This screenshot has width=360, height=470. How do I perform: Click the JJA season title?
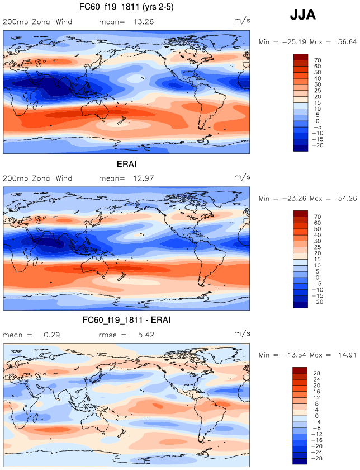point(302,15)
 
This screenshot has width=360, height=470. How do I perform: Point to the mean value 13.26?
point(143,22)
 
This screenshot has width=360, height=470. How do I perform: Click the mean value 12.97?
point(143,178)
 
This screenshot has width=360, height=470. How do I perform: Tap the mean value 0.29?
point(50,335)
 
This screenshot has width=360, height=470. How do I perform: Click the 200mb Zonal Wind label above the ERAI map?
point(37,178)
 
